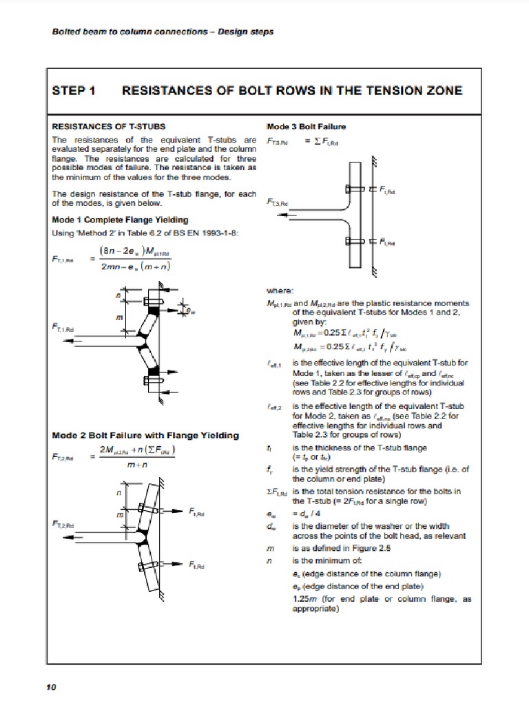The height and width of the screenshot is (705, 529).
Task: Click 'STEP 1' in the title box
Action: pos(74,91)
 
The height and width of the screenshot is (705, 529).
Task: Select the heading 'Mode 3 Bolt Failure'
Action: pos(306,127)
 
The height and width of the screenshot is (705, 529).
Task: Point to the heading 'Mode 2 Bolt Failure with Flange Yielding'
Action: pos(145,435)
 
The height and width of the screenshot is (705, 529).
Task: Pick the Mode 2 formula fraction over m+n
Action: pos(138,457)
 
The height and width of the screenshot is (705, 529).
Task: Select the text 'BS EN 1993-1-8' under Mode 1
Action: pos(208,233)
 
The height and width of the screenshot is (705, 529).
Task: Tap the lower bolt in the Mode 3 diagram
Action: pos(348,241)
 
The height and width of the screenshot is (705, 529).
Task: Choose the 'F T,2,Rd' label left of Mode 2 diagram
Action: pos(65,525)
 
